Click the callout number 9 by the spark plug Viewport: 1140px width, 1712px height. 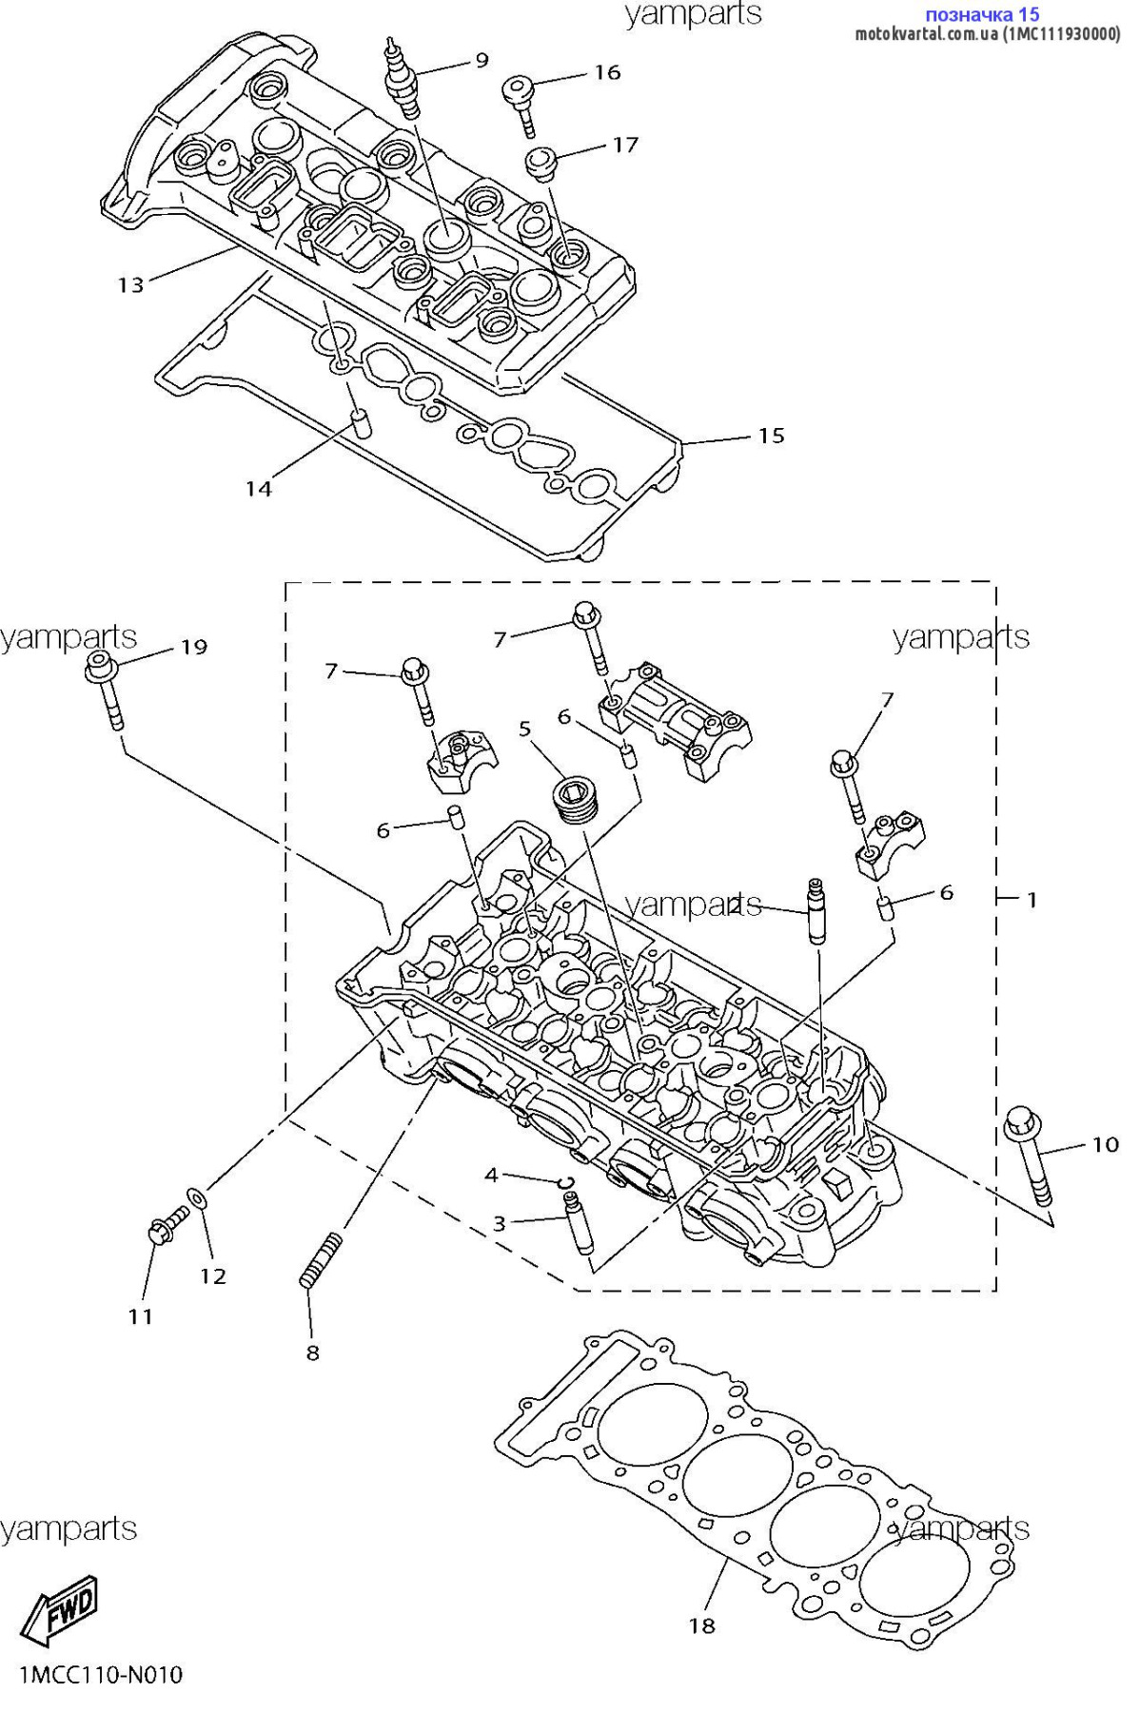pos(482,60)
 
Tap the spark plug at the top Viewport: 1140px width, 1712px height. pos(402,78)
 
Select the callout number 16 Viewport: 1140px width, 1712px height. pos(607,72)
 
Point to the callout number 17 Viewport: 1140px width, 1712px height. pos(625,145)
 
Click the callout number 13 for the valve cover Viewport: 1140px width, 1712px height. pos(130,284)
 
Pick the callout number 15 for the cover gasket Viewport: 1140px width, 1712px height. pos(772,436)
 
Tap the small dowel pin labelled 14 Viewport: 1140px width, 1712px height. pos(361,422)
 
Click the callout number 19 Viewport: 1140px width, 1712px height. pos(194,647)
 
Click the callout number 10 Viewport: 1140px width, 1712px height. pos(1105,1144)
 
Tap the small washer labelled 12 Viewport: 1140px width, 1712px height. pos(196,1196)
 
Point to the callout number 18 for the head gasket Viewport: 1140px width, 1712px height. pos(702,1625)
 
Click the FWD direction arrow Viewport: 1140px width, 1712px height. pos(60,1611)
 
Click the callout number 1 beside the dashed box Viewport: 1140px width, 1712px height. pos(1032,899)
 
